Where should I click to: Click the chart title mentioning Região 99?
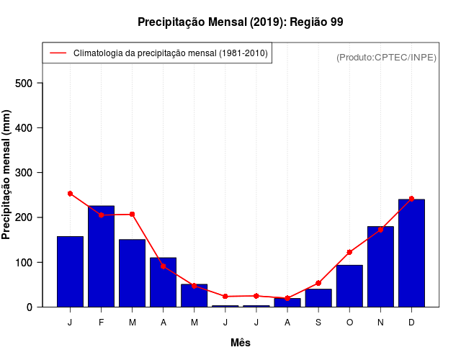pyautogui.click(x=240, y=22)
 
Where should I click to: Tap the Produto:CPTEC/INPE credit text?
pyautogui.click(x=386, y=57)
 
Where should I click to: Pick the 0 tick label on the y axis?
pyautogui.click(x=30, y=307)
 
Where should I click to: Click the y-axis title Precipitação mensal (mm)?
pyautogui.click(x=7, y=175)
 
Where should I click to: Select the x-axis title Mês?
pyautogui.click(x=241, y=343)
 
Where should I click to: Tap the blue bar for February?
pyautogui.click(x=102, y=256)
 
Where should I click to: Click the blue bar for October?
pyautogui.click(x=349, y=286)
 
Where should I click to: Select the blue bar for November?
pyautogui.click(x=380, y=266)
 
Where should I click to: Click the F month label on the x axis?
pyautogui.click(x=102, y=323)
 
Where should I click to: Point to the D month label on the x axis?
pyautogui.click(x=411, y=323)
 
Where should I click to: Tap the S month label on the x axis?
pyautogui.click(x=318, y=323)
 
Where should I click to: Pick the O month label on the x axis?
pyautogui.click(x=349, y=323)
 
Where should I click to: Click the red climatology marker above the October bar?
pyautogui.click(x=349, y=252)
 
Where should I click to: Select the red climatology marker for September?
pyautogui.click(x=318, y=283)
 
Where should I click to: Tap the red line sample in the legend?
pyautogui.click(x=58, y=53)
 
